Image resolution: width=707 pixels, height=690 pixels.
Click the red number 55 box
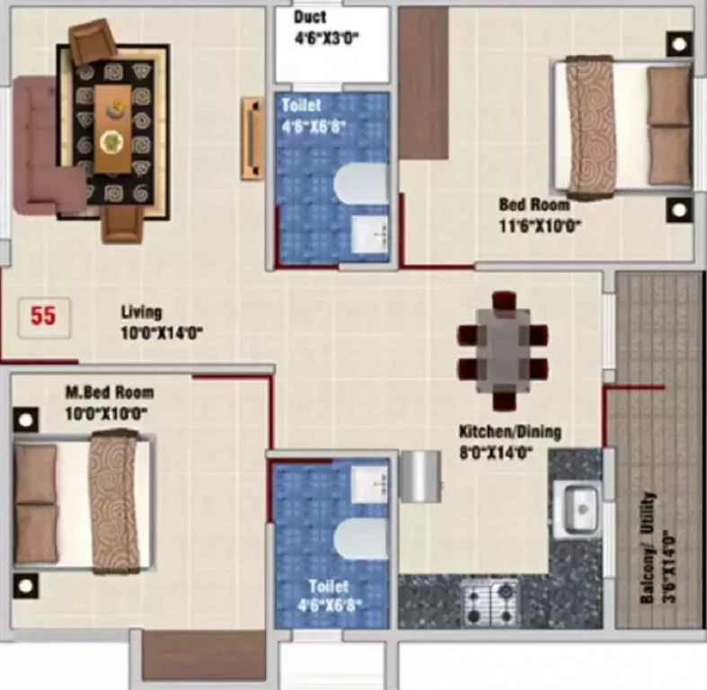tap(44, 317)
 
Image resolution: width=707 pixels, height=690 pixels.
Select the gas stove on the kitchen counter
tap(490, 601)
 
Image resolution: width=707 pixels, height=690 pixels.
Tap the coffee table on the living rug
tap(112, 128)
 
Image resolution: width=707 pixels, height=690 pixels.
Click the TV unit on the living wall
tap(252, 138)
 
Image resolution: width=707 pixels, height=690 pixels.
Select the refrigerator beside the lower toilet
tap(420, 476)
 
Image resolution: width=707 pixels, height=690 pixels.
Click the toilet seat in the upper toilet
tap(360, 183)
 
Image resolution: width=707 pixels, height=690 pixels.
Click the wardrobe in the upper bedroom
tap(423, 83)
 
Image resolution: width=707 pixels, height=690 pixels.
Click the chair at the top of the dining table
tap(504, 301)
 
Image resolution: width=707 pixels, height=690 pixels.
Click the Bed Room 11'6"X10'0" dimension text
tap(540, 225)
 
